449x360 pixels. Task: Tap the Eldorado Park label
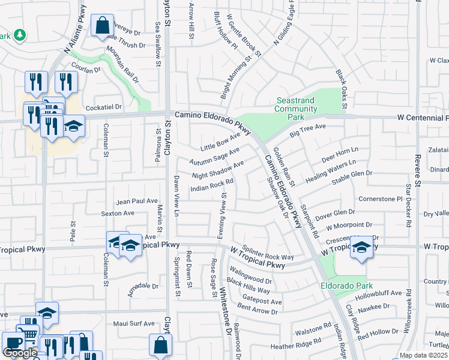tap(346, 286)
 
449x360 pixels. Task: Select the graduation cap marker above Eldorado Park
tap(361, 247)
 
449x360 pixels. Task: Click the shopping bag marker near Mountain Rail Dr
tap(102, 26)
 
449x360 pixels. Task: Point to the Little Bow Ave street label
tap(220, 143)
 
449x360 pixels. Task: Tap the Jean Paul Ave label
tap(137, 202)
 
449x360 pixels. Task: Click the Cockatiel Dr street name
tap(104, 107)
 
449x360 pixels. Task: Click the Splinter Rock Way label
tap(268, 252)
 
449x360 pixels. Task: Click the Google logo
tap(20, 352)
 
